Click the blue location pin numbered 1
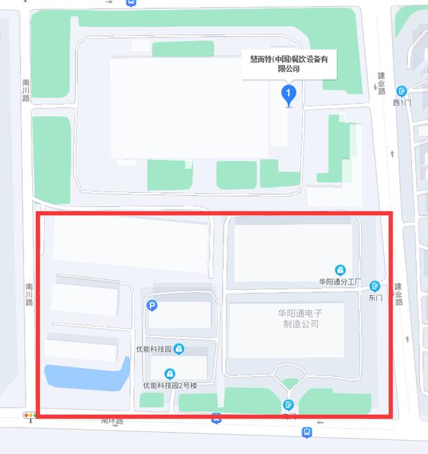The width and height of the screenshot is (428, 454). [288, 93]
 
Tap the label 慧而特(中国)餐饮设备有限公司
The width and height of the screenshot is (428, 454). [288, 64]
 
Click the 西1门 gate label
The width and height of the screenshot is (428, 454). [402, 102]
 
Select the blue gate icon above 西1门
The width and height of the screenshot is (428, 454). [402, 91]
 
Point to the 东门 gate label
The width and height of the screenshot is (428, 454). [374, 297]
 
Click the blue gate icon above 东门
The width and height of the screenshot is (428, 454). [374, 286]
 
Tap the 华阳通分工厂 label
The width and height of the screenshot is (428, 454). [340, 282]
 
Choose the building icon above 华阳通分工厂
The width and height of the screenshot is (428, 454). [340, 270]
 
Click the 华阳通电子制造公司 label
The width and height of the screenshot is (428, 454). [300, 318]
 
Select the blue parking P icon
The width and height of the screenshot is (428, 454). [152, 306]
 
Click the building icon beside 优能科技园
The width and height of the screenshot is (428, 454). [179, 349]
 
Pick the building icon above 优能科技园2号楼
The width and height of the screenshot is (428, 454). [170, 374]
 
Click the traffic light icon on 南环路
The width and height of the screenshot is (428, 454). [30, 416]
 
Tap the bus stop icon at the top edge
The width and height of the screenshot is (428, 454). [131, 2]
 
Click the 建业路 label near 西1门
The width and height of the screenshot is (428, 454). [382, 83]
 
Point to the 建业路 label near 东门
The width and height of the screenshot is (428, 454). [399, 294]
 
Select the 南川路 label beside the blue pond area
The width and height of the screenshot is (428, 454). [29, 294]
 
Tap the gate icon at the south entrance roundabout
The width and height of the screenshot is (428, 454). [288, 404]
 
